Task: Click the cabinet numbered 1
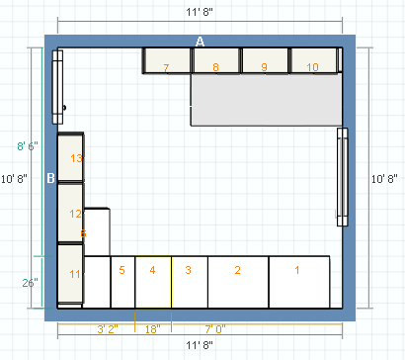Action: (299, 282)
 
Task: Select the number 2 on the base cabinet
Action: (238, 270)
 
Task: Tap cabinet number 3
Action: (190, 282)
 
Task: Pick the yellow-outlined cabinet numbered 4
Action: (153, 282)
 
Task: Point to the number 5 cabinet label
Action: (121, 270)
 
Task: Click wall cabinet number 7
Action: (167, 60)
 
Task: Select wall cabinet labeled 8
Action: (215, 60)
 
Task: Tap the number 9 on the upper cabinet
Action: (264, 67)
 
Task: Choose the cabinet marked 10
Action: (313, 60)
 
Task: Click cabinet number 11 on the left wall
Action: (70, 274)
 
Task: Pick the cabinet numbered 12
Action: (70, 213)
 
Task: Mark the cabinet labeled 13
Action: (70, 157)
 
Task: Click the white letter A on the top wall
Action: (200, 42)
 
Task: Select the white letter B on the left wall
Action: (50, 178)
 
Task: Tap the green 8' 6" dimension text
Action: (28, 146)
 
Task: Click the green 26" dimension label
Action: (30, 283)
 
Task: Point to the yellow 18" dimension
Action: (153, 329)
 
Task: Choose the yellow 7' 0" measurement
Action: (215, 329)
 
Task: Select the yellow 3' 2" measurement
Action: (108, 329)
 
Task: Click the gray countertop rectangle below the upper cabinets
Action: (267, 100)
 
